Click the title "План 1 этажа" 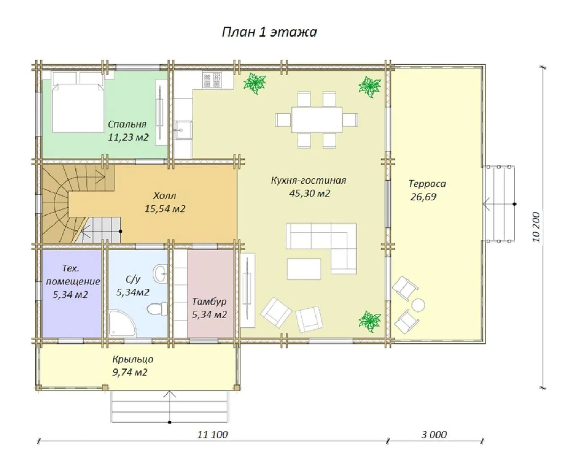tap(269, 32)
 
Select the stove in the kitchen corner tap(212, 80)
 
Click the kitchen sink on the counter tap(183, 130)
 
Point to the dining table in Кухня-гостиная tap(317, 119)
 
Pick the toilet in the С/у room tap(157, 308)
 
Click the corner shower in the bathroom tap(122, 323)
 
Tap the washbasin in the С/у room tap(160, 273)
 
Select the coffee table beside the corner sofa tap(304, 269)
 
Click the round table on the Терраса tap(418, 305)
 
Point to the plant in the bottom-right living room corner tap(370, 321)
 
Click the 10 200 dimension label tap(536, 227)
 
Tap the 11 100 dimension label tap(212, 435)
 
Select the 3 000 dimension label tap(434, 435)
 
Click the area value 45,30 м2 tap(309, 193)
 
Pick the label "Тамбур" tap(209, 302)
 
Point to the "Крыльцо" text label tap(133, 359)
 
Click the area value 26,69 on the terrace tap(423, 197)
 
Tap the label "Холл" tap(165, 196)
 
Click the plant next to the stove tap(255, 83)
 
